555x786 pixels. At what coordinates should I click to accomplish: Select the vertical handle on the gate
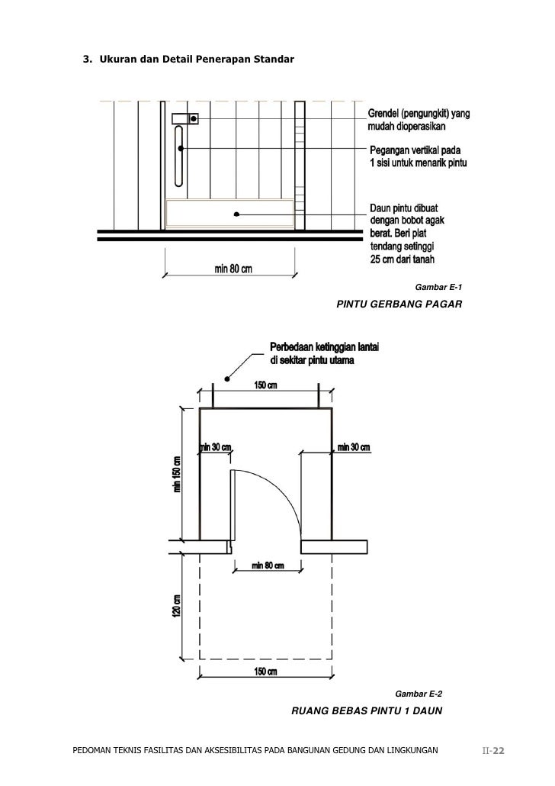point(179,156)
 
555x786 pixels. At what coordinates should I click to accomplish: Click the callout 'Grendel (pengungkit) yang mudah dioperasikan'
point(419,120)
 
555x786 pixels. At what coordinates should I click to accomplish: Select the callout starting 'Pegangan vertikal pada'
point(419,157)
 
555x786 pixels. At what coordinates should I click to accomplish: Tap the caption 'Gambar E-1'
point(438,288)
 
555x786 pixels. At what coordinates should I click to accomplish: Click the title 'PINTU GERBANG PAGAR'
point(399,304)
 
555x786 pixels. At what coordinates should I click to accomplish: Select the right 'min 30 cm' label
point(353,447)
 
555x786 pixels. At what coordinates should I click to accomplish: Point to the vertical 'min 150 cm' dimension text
point(178,475)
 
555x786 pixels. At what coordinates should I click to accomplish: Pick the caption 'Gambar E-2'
point(418,694)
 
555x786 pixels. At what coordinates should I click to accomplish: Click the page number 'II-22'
point(494,752)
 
